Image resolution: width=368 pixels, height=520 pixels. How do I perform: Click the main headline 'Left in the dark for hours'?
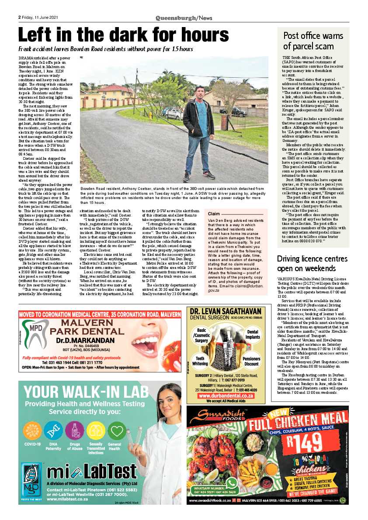123,35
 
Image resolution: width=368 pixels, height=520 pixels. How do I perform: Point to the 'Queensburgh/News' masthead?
184,18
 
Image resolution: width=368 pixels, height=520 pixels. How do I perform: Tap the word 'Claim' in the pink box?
214,214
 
